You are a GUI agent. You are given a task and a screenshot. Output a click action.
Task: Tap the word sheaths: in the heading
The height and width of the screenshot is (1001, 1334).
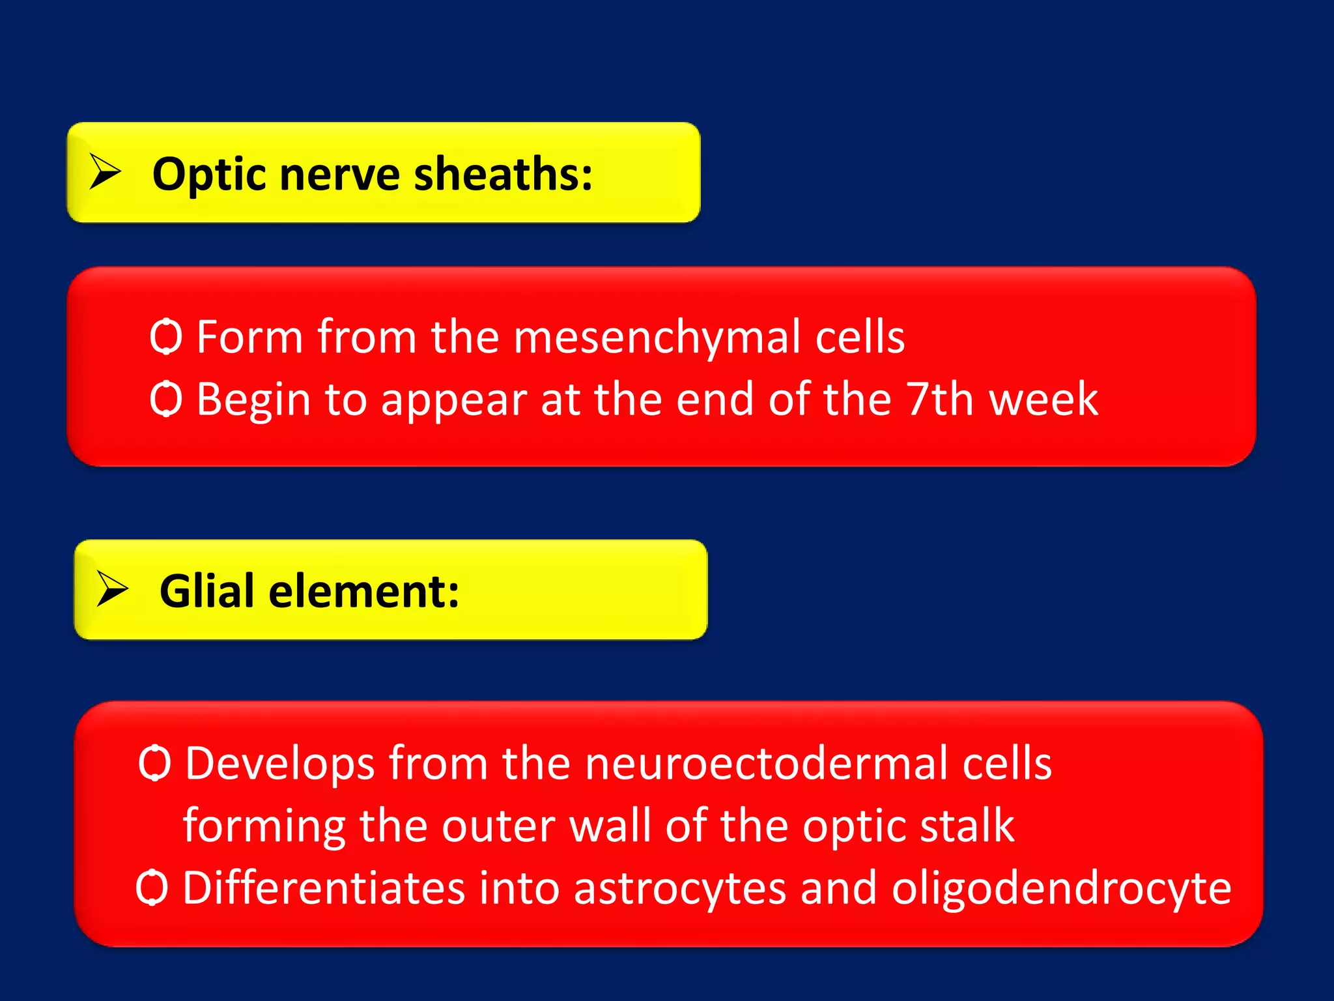(503, 175)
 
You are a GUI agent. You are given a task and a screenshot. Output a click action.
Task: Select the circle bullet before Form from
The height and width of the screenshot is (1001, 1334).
(165, 337)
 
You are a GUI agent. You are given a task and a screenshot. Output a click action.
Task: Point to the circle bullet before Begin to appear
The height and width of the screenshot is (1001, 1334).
(165, 399)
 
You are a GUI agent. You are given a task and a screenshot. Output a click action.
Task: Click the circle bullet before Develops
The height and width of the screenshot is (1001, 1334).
(154, 763)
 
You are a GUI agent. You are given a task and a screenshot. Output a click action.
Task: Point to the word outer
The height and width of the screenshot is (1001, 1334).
(498, 826)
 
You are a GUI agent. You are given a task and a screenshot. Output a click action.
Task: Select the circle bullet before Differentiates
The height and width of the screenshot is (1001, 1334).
(152, 888)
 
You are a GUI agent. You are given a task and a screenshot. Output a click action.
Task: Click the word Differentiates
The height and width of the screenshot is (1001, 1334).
(324, 888)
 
